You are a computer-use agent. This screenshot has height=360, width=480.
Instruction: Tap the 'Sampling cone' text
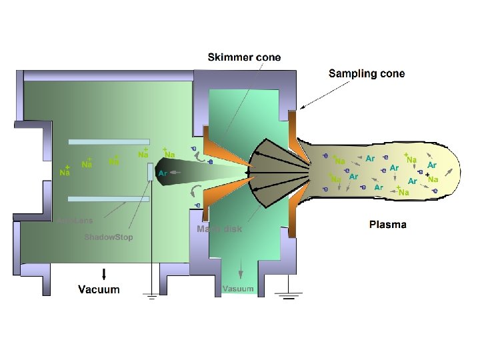pyautogui.click(x=366, y=73)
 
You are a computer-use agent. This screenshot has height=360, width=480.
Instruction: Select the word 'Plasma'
pyautogui.click(x=387, y=225)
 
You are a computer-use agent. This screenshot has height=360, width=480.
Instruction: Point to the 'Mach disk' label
pyautogui.click(x=219, y=229)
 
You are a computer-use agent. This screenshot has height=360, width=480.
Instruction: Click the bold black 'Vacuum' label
pyautogui.click(x=99, y=289)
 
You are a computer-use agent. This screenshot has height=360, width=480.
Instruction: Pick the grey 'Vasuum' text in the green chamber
pyautogui.click(x=238, y=289)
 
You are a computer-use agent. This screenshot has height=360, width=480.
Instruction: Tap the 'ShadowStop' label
pyautogui.click(x=108, y=237)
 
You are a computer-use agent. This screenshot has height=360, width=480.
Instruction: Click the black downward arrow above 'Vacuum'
pyautogui.click(x=103, y=273)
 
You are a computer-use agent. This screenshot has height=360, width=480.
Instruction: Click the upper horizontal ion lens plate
pyautogui.click(x=108, y=142)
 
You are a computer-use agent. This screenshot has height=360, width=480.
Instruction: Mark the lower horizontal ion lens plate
pyautogui.click(x=108, y=199)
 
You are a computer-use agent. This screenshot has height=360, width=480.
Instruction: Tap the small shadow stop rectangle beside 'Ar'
pyautogui.click(x=151, y=171)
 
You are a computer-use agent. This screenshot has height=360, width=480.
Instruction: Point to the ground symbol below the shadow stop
pyautogui.click(x=151, y=297)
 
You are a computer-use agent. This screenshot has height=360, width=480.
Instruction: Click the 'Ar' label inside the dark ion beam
pyautogui.click(x=163, y=173)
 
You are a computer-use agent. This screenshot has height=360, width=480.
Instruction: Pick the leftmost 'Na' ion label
pyautogui.click(x=65, y=173)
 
